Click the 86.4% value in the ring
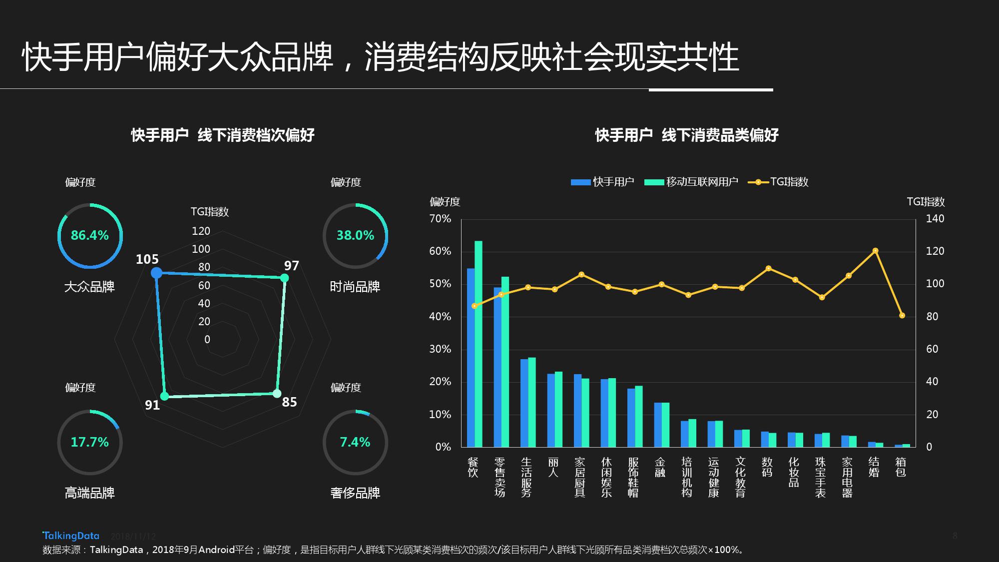[90, 235]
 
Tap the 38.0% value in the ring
[355, 235]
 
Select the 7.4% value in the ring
[355, 442]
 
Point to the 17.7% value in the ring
[90, 442]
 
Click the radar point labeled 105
[156, 273]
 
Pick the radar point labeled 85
[277, 394]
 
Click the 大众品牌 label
[90, 287]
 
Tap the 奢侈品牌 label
[355, 493]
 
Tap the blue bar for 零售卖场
[498, 367]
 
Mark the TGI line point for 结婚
[875, 251]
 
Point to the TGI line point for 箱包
[902, 316]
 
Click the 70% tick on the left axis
[440, 219]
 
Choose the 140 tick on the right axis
[935, 219]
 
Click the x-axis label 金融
[660, 467]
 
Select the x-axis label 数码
[767, 467]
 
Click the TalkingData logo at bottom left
[71, 536]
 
